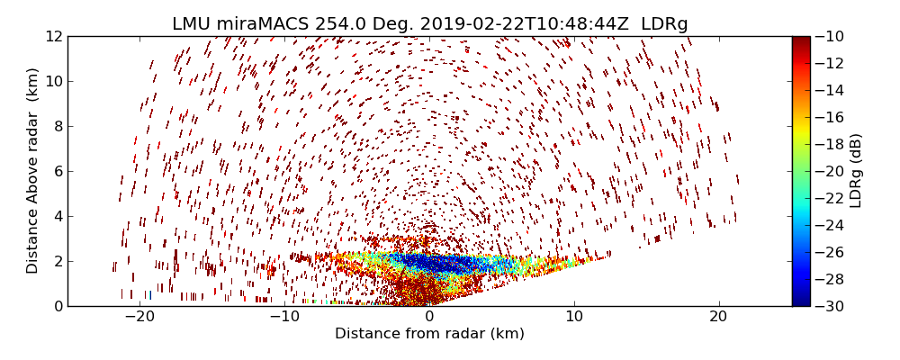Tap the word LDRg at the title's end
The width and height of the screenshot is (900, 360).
pos(664,24)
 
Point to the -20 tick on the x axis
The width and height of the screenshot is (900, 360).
pos(140,318)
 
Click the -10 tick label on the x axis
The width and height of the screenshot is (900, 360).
pos(284,318)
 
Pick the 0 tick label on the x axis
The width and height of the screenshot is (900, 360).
pos(429,318)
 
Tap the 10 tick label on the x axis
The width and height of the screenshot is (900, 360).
pos(574,318)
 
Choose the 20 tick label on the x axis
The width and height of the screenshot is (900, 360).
pos(718,318)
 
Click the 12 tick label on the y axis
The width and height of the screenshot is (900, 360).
pos(53,37)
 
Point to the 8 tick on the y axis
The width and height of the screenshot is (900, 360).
pos(57,127)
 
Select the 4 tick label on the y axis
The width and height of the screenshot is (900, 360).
pos(57,217)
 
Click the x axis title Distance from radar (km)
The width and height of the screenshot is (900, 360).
pos(429,334)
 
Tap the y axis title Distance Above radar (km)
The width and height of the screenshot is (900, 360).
pos(33,171)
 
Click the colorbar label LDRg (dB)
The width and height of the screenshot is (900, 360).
pos(856,171)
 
